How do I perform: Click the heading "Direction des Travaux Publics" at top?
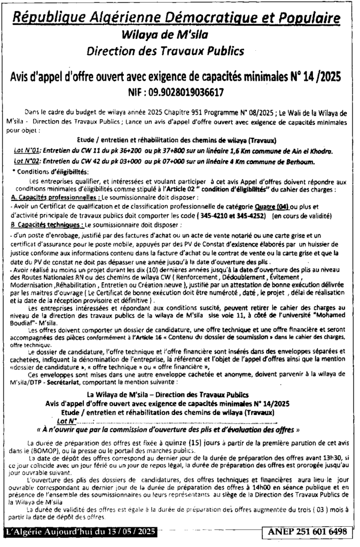point(179,51)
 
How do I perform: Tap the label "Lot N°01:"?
point(27,152)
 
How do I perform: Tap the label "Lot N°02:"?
point(27,162)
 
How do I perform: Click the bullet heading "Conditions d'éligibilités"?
point(50,171)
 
